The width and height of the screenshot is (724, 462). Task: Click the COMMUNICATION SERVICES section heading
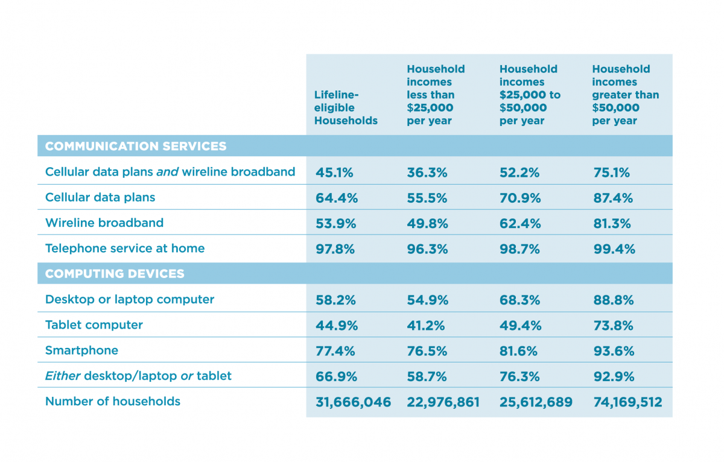tap(136, 147)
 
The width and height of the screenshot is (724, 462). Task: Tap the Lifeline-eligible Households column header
tap(345, 108)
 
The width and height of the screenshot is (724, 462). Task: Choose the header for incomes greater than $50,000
tap(625, 95)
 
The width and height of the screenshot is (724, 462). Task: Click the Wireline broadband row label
tap(104, 223)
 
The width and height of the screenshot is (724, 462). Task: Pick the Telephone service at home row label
tap(124, 248)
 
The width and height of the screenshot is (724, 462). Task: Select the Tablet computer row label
tap(94, 325)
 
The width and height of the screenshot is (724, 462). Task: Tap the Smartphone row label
tap(81, 350)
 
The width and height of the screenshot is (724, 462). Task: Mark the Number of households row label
tap(112, 402)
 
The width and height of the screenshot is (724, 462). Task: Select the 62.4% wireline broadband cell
tap(520, 224)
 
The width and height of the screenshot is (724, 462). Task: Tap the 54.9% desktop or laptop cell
tap(427, 300)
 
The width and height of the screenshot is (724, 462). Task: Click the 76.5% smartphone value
tap(427, 351)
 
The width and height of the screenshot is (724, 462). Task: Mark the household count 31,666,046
tap(352, 402)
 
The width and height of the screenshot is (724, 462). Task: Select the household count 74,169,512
tap(627, 402)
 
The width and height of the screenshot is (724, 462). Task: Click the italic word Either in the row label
tap(62, 376)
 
